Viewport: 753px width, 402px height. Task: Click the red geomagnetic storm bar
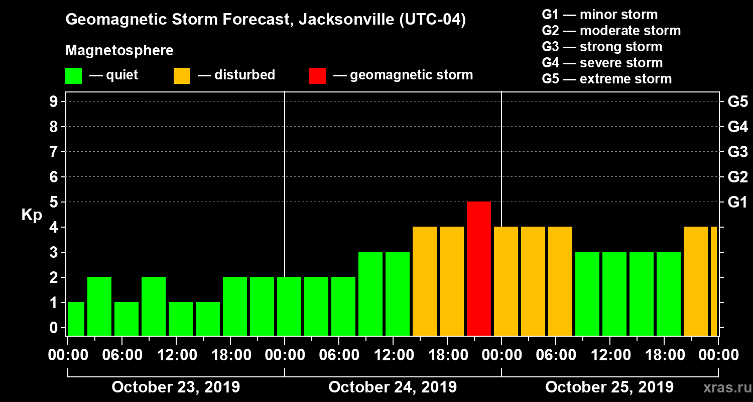[479, 268]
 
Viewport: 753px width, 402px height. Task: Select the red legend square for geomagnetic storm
[317, 75]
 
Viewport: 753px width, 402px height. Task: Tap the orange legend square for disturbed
[182, 75]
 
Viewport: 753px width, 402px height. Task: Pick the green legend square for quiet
[73, 75]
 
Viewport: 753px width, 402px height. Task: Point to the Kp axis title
[32, 215]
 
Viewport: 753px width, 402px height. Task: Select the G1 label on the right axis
[737, 202]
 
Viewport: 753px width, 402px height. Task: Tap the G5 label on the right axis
[737, 102]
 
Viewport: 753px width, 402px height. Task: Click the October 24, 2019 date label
[393, 387]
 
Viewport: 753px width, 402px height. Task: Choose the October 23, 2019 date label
[176, 387]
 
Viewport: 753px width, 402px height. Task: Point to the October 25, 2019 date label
[609, 387]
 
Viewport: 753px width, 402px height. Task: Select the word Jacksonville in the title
[340, 20]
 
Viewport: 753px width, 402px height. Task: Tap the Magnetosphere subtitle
[119, 51]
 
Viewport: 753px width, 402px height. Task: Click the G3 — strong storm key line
[602, 47]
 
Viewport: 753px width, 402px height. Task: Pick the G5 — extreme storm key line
[606, 79]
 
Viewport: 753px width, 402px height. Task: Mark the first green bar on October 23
[76, 319]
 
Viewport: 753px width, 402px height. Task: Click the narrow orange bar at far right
[713, 281]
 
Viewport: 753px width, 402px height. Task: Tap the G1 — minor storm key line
[599, 15]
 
